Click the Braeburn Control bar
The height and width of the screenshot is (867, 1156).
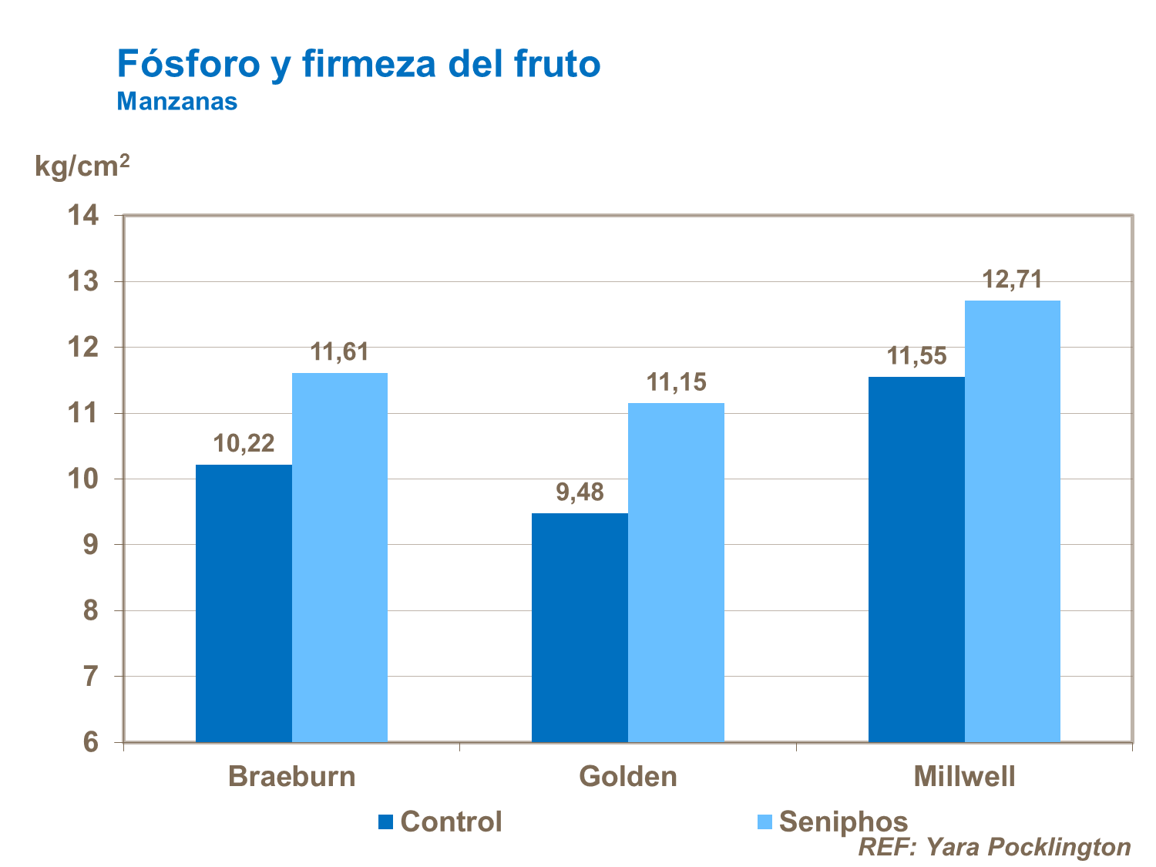click(244, 603)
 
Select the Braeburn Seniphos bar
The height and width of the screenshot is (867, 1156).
click(340, 557)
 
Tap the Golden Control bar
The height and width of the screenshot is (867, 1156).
click(580, 627)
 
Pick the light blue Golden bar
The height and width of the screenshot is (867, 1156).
click(676, 573)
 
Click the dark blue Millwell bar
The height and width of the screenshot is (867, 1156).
click(916, 560)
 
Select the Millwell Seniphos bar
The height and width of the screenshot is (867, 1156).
click(1012, 521)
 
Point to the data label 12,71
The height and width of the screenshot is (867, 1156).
click(1012, 279)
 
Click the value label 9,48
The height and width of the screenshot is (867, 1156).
click(580, 492)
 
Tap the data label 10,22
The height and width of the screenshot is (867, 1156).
click(244, 443)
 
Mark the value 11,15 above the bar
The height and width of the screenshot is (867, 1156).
click(676, 381)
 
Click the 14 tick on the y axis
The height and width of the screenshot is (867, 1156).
click(84, 216)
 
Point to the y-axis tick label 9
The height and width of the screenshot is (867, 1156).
click(91, 545)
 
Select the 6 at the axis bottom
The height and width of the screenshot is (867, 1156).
click(91, 742)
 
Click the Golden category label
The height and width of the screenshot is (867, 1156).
click(628, 776)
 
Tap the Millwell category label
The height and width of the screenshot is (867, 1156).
click(964, 776)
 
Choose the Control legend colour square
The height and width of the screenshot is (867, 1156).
click(385, 822)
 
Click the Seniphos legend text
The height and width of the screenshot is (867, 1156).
click(843, 822)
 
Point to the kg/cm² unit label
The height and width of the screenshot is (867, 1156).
click(82, 165)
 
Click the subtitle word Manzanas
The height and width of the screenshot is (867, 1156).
click(176, 102)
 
